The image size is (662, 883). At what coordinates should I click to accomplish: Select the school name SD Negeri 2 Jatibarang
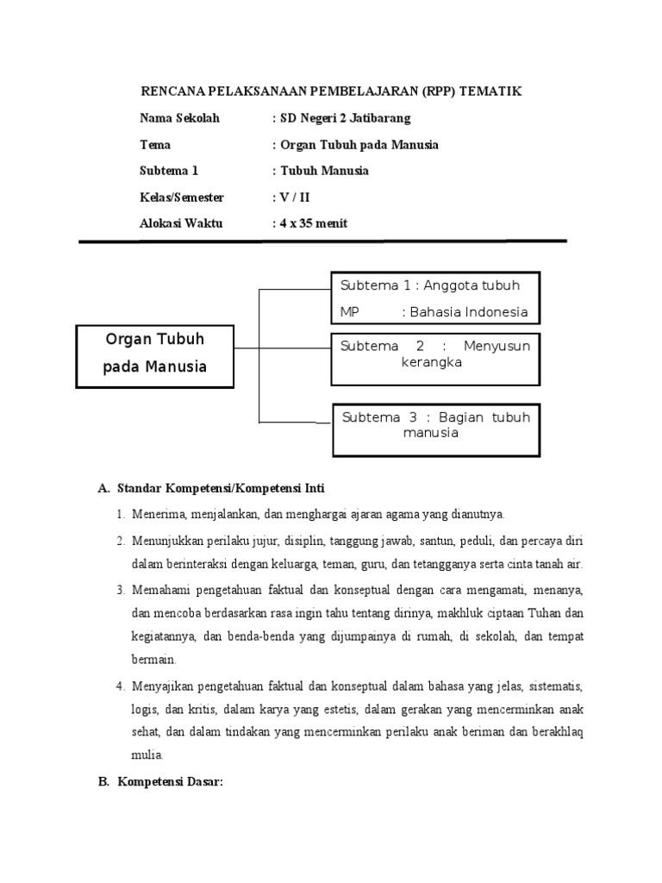[x=345, y=118]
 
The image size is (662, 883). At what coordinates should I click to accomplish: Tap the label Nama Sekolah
[x=179, y=118]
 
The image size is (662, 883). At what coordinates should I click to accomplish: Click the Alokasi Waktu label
[x=181, y=223]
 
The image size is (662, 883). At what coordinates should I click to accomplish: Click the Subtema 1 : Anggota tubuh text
[x=429, y=285]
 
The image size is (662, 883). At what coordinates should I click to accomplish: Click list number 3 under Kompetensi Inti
[x=121, y=590]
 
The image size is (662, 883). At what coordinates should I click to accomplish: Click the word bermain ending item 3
[x=154, y=660]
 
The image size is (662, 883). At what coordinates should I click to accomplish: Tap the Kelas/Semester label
[x=181, y=197]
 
